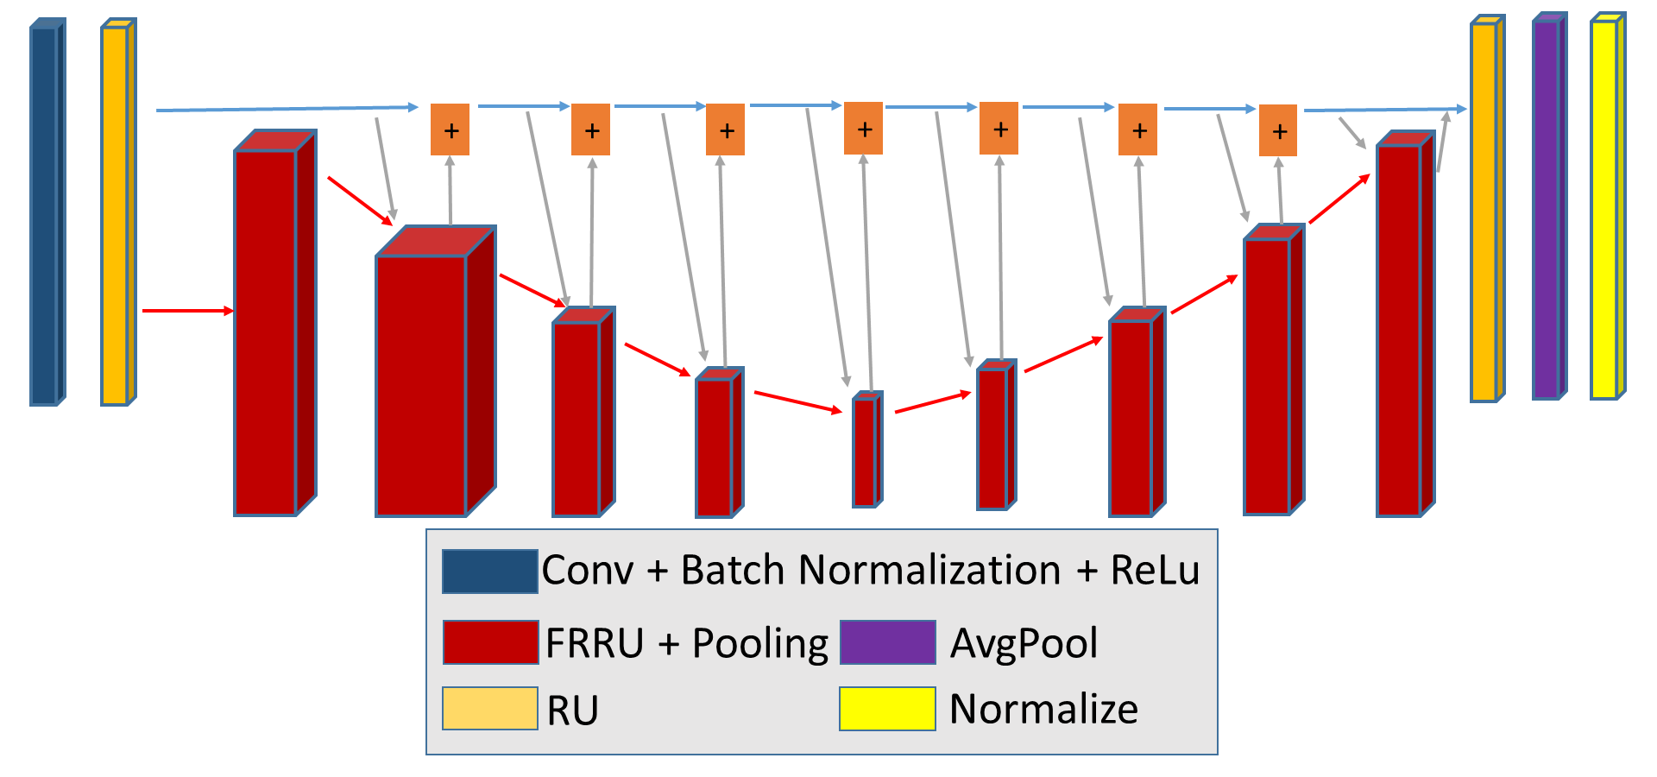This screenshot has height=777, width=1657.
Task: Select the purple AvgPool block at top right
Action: [1549, 206]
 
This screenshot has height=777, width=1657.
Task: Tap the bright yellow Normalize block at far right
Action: [1608, 206]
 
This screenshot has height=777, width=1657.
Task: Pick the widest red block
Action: [435, 371]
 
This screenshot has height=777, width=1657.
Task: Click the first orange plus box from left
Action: [450, 129]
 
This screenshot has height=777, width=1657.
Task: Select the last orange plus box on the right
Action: [1278, 130]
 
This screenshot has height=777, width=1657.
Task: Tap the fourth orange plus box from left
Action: [863, 129]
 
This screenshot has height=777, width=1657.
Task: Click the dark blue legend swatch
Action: [490, 571]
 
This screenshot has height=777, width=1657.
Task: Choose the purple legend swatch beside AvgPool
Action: [888, 641]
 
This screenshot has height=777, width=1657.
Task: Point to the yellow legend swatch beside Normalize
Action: [887, 709]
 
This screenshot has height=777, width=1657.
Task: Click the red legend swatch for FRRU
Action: [491, 641]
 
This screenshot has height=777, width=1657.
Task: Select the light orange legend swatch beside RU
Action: [490, 709]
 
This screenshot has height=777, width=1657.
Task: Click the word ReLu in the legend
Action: [1155, 571]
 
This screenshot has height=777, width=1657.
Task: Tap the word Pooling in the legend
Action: [760, 645]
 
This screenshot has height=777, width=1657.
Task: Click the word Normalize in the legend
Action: [1043, 709]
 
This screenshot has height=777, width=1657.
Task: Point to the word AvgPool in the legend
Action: [1024, 644]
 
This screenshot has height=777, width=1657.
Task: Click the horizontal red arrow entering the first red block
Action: [188, 311]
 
